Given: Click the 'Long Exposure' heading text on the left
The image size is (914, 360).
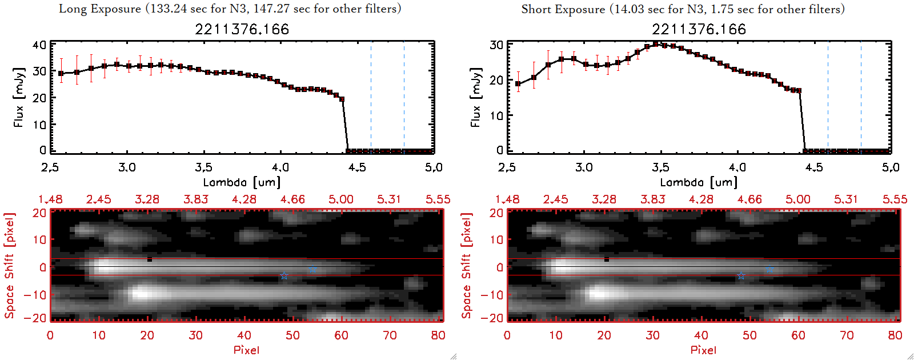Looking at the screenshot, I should (100, 9).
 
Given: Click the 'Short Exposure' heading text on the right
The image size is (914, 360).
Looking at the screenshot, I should (563, 9).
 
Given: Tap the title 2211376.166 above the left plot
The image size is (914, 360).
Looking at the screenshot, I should (242, 29).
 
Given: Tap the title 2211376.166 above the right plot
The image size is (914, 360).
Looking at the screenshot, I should (699, 29).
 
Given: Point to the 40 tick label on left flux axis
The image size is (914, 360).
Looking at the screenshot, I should (39, 45).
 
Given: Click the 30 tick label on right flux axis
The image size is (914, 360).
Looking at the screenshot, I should (496, 45).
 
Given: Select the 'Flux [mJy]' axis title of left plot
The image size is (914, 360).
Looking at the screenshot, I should (19, 98).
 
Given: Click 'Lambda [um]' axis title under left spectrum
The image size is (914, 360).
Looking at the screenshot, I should (242, 182).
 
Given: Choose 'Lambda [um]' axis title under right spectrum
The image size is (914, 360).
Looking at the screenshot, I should (699, 182).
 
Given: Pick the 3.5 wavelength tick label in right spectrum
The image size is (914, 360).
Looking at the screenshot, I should (660, 167).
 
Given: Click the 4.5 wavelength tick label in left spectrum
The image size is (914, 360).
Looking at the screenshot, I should (357, 167).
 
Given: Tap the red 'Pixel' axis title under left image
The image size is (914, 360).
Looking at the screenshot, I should (246, 350).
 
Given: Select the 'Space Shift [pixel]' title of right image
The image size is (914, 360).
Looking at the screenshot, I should (467, 266).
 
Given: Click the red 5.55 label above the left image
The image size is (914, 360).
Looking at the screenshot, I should (438, 199).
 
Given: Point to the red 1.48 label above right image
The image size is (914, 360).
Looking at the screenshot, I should (507, 199).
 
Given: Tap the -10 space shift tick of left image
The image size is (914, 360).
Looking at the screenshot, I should (35, 295).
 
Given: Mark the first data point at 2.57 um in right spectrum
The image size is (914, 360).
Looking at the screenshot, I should (518, 84).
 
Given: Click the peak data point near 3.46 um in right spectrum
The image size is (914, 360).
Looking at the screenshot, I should (655, 43).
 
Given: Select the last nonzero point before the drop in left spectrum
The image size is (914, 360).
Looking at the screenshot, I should (342, 99).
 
